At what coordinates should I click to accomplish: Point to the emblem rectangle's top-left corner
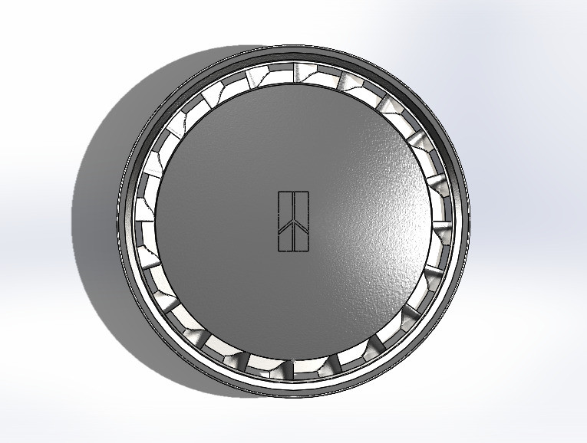278,191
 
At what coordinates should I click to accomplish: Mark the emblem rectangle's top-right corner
308,191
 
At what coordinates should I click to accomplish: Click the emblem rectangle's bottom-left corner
278,251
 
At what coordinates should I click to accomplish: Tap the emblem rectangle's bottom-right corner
308,251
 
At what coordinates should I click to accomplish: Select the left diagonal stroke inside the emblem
285,228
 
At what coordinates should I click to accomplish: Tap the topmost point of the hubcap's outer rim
293,45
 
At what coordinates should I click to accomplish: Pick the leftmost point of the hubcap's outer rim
117,221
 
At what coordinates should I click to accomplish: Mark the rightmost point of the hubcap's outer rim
470,221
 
